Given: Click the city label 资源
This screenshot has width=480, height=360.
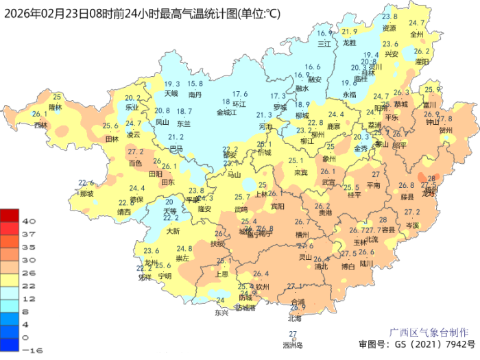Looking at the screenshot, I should pyautogui.click(x=389, y=28).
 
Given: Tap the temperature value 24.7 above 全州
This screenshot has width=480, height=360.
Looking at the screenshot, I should pyautogui.click(x=417, y=23).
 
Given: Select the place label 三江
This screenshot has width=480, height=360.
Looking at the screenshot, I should pyautogui.click(x=324, y=43).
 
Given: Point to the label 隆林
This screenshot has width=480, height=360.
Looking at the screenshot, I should pyautogui.click(x=56, y=108).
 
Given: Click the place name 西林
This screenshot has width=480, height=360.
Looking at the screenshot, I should pyautogui.click(x=41, y=125).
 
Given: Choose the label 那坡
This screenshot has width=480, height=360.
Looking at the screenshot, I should pyautogui.click(x=86, y=193).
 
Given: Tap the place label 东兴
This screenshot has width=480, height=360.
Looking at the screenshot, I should pyautogui.click(x=221, y=312).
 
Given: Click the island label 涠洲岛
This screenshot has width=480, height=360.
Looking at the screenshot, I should pyautogui.click(x=293, y=345).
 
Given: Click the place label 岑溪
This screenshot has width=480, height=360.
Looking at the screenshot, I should pyautogui.click(x=411, y=224).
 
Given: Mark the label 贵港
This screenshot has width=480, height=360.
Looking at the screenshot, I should pyautogui.click(x=325, y=213).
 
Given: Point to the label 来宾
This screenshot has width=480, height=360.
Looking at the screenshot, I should pyautogui.click(x=300, y=172).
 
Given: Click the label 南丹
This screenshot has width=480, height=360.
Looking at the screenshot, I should pyautogui.click(x=195, y=94).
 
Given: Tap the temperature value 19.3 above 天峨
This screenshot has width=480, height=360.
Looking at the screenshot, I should pyautogui.click(x=171, y=84).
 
